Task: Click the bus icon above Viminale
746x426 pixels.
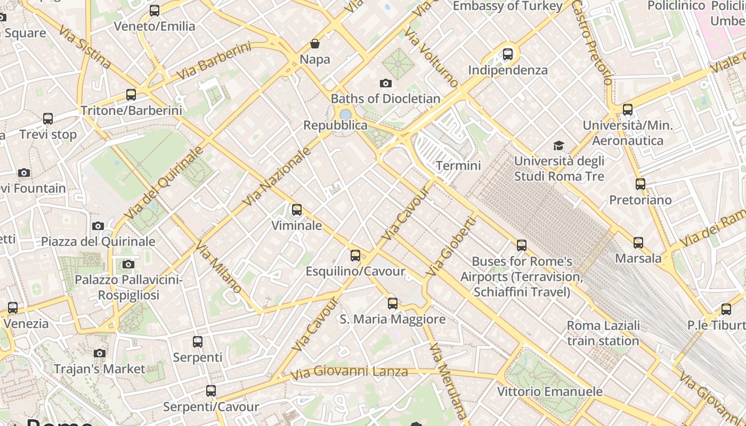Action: [x=297, y=210]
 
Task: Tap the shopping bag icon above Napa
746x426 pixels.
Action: [x=315, y=44]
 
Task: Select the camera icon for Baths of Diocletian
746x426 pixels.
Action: [x=386, y=83]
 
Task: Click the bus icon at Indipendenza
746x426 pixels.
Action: [x=508, y=54]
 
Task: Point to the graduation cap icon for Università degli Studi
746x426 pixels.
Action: [x=558, y=145]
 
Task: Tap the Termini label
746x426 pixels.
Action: [x=458, y=166]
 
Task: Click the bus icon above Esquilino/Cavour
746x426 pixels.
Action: [x=355, y=256]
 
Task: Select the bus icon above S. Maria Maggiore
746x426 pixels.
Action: [x=393, y=304]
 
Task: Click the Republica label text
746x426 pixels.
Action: [x=335, y=125]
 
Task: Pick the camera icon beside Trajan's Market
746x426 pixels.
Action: [x=99, y=353]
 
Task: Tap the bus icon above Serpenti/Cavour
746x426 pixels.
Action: [x=211, y=391]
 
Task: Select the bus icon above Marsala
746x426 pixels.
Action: [x=638, y=243]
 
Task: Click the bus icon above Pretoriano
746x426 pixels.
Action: [x=640, y=184]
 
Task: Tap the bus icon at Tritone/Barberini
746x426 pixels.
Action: [x=131, y=95]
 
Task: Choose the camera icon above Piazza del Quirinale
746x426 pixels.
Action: [x=98, y=226]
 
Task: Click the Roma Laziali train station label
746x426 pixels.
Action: [x=603, y=333]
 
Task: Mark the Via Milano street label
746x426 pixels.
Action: [x=218, y=268]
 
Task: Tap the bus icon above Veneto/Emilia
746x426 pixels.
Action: [x=155, y=10]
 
